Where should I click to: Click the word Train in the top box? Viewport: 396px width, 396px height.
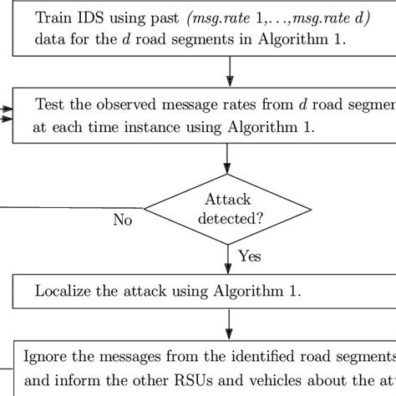[53, 17]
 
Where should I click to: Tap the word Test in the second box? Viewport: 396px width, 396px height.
[48, 104]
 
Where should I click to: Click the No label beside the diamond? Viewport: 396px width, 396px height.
[124, 221]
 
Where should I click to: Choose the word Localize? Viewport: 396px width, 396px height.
[63, 291]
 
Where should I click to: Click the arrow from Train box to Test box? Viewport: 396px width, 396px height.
[228, 74]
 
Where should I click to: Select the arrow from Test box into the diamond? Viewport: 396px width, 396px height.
[228, 158]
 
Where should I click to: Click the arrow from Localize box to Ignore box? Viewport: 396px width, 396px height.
[228, 322]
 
